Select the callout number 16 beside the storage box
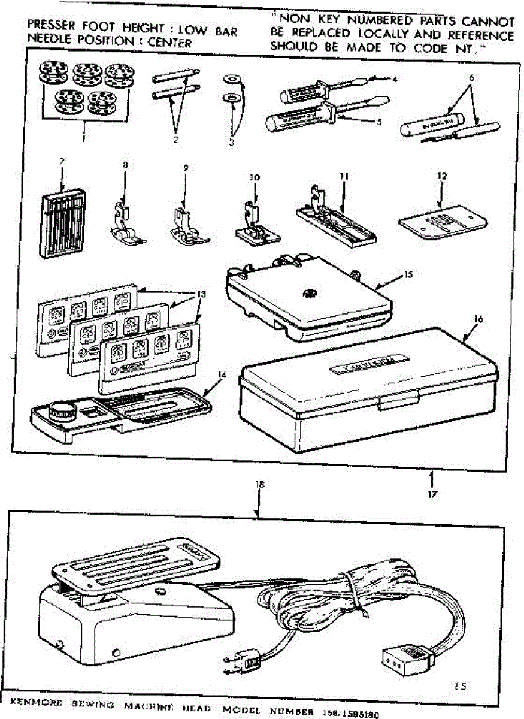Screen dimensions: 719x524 coord(477,319)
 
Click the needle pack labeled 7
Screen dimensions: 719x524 coord(59,225)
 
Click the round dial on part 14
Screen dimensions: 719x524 coord(62,412)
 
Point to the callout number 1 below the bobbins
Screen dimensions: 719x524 coord(84,137)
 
